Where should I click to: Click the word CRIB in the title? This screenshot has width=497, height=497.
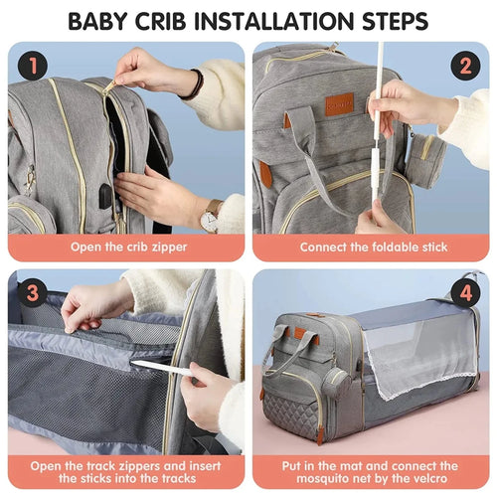[176, 20]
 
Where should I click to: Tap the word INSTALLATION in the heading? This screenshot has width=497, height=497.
[280, 20]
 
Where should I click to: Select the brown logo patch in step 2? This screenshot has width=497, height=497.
[339, 103]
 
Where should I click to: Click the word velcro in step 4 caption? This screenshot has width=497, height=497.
[435, 479]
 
